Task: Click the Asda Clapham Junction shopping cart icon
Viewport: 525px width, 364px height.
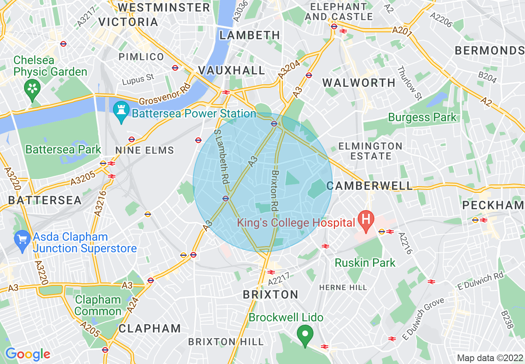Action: pyautogui.click(x=22, y=240)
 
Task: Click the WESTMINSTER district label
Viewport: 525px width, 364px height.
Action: pyautogui.click(x=164, y=7)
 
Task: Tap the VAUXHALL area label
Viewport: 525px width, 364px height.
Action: pyautogui.click(x=231, y=70)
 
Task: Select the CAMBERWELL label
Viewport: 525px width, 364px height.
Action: pyautogui.click(x=370, y=186)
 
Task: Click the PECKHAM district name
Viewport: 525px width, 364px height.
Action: pyautogui.click(x=493, y=205)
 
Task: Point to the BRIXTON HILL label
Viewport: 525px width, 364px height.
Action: pyautogui.click(x=226, y=342)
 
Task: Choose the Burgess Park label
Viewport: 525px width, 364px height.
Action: pyautogui.click(x=422, y=117)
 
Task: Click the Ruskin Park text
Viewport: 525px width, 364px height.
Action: pyautogui.click(x=365, y=263)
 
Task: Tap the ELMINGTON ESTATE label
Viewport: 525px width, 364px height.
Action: pyautogui.click(x=370, y=151)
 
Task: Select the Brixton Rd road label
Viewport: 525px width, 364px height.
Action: pyautogui.click(x=275, y=191)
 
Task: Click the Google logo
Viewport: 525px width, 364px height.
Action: pyautogui.click(x=28, y=354)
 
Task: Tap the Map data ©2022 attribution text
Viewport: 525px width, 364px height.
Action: pyautogui.click(x=489, y=358)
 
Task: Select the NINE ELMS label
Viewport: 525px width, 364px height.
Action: pyautogui.click(x=145, y=150)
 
